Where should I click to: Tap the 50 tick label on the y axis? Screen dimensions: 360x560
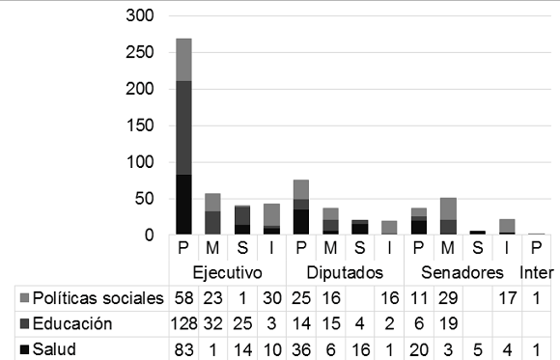[x=145, y=199]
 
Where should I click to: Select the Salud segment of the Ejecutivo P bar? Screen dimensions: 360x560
[x=183, y=205]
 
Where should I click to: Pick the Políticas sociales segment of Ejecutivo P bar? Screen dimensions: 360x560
[x=183, y=60]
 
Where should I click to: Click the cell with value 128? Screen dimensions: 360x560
[x=183, y=324]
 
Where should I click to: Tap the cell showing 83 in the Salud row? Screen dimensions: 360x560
[x=183, y=348]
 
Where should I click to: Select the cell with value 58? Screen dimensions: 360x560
[x=183, y=296]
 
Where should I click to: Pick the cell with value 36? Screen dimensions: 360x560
[x=301, y=348]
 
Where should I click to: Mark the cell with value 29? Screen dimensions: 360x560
[x=447, y=296]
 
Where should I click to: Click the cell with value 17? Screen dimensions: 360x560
[x=506, y=296]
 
